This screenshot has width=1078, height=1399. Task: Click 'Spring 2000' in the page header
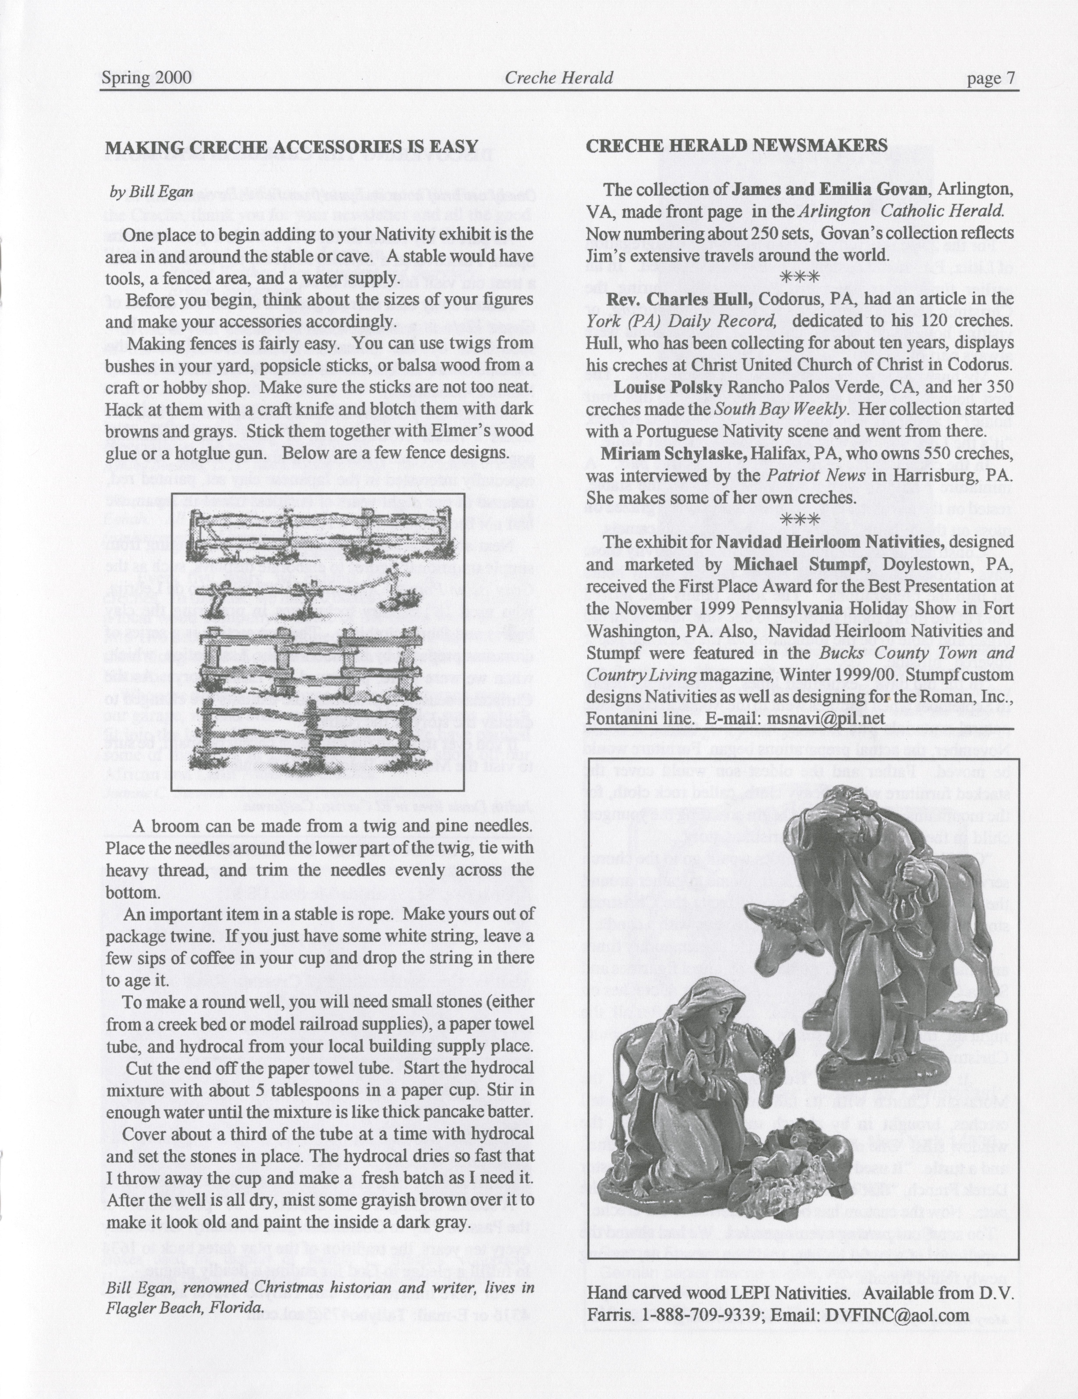(147, 78)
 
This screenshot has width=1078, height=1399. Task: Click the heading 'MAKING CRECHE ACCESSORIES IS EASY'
(291, 147)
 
